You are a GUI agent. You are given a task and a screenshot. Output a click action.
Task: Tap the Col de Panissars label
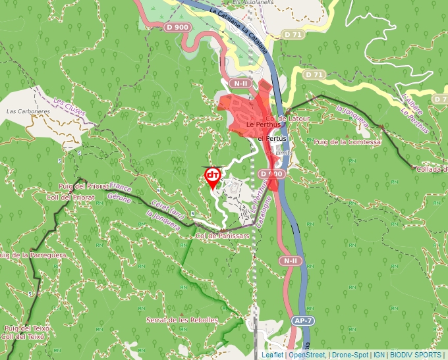point(223,235)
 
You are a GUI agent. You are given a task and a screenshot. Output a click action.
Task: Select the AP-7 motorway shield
point(301,321)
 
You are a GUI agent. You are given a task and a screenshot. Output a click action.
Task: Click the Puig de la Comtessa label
point(347,141)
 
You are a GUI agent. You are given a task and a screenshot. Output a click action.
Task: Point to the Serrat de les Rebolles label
point(182,320)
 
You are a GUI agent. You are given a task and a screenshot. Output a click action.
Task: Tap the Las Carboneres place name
point(28,111)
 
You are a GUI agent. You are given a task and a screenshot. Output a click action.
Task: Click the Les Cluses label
point(69,107)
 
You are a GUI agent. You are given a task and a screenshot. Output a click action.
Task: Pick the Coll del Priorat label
point(70,197)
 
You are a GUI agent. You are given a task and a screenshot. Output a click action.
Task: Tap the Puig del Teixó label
point(23,328)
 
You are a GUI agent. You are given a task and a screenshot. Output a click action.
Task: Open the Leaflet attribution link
point(272,355)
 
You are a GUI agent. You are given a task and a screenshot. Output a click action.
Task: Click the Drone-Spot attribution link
point(349,355)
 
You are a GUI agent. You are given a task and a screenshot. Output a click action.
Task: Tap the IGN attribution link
point(379,355)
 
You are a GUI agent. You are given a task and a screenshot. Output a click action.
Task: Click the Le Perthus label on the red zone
point(259,124)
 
